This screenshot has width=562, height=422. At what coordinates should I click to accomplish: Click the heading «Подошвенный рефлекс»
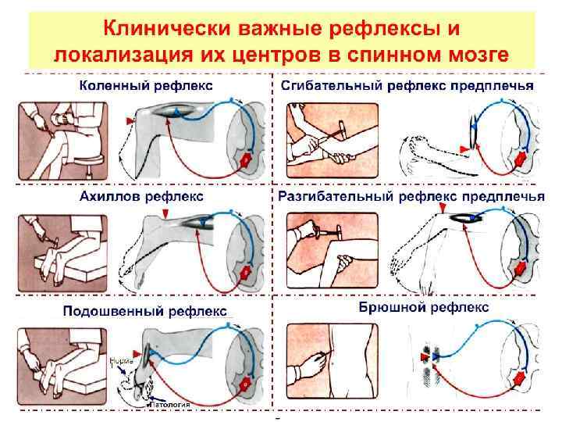(x=145, y=311)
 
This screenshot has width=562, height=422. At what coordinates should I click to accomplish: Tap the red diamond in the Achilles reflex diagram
(x=245, y=274)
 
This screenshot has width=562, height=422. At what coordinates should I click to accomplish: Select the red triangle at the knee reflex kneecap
(x=127, y=119)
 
